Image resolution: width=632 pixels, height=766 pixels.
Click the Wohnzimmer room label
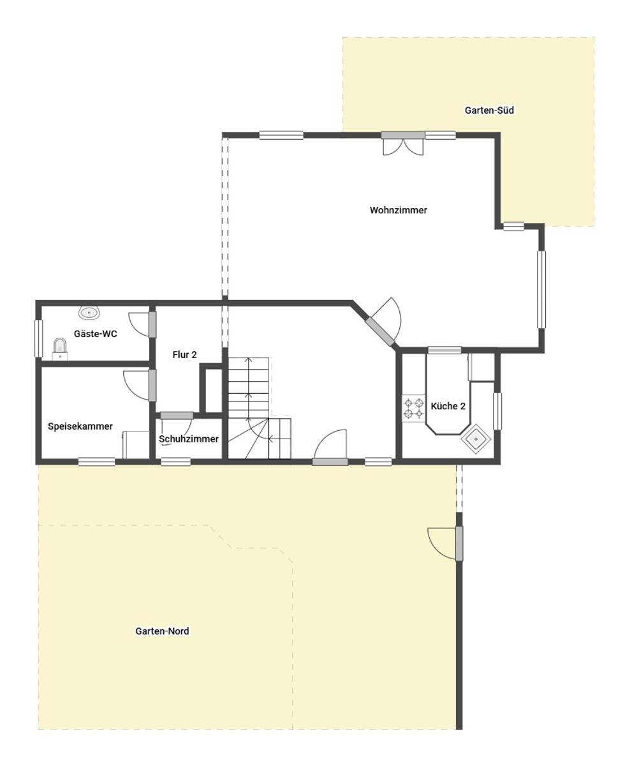(x=398, y=210)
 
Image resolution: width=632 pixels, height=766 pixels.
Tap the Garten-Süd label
(x=489, y=110)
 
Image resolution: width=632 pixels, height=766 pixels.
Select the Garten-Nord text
(x=162, y=631)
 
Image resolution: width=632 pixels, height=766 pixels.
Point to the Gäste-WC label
(x=95, y=333)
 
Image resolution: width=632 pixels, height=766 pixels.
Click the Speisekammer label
(x=80, y=426)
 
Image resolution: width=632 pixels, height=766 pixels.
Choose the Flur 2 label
(x=184, y=355)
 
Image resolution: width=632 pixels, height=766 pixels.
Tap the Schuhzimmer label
(x=188, y=439)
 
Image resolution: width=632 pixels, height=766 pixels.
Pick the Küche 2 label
(x=448, y=406)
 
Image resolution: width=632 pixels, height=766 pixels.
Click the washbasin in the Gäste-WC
(x=89, y=312)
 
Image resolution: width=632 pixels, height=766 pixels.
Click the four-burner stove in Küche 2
(x=413, y=409)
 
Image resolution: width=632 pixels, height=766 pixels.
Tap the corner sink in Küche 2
(x=476, y=439)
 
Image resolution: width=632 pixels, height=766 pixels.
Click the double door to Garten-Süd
(x=403, y=144)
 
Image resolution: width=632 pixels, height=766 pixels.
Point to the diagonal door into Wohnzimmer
(x=383, y=322)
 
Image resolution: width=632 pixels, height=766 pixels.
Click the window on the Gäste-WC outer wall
(x=38, y=338)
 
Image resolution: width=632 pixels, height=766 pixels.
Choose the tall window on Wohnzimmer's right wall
(x=541, y=289)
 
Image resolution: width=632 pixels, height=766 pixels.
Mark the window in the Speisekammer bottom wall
(x=97, y=462)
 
